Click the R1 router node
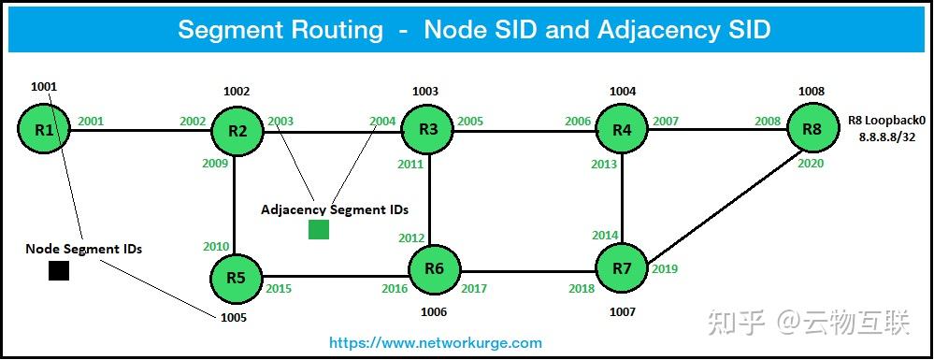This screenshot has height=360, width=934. pyautogui.click(x=44, y=129)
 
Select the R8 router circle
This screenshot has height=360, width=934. pyautogui.click(x=812, y=129)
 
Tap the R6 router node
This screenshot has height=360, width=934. pyautogui.click(x=434, y=269)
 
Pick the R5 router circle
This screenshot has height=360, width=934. pyautogui.click(x=236, y=277)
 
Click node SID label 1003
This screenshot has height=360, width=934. pyautogui.click(x=425, y=92)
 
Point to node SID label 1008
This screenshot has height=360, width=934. pyautogui.click(x=812, y=92)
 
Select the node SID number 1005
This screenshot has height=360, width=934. pyautogui.click(x=234, y=317)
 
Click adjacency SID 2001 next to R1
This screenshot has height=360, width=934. pyautogui.click(x=92, y=121)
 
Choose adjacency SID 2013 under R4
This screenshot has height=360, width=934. pyautogui.click(x=604, y=165)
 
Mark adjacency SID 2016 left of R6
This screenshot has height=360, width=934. pyautogui.click(x=395, y=289)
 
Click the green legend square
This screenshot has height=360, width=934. pyautogui.click(x=319, y=229)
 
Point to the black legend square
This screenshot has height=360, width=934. pyautogui.click(x=59, y=270)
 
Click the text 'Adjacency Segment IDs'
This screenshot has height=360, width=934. pyautogui.click(x=334, y=209)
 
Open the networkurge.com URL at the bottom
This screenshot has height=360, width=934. pyautogui.click(x=436, y=343)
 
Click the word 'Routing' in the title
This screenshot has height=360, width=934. pyautogui.click(x=334, y=30)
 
